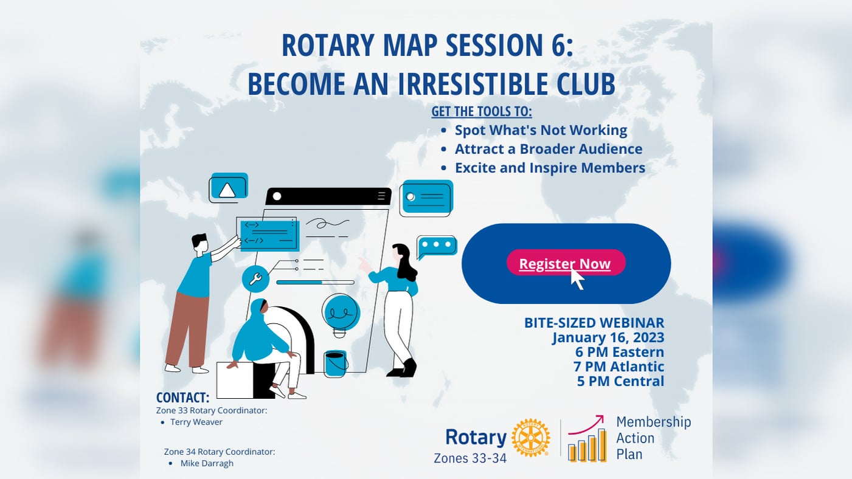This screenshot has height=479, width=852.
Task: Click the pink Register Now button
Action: point(566,263)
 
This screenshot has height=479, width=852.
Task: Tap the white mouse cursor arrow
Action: point(577,279)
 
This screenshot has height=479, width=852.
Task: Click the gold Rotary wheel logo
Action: point(530,438)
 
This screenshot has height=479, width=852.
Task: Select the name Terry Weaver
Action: point(196,422)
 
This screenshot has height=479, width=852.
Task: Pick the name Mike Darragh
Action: point(207,463)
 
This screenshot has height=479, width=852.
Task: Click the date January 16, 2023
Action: point(608,337)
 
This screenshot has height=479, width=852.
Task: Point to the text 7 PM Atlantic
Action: point(618,367)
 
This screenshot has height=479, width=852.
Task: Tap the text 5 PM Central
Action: point(620,381)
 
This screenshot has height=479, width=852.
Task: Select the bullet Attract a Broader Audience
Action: point(549,149)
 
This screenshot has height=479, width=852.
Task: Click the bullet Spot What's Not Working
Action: point(541,130)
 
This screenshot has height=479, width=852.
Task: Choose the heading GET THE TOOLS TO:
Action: point(482,112)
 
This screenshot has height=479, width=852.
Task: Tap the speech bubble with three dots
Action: point(437,246)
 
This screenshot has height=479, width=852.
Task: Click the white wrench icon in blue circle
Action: point(255,280)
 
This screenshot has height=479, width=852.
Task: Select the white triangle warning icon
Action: point(227,190)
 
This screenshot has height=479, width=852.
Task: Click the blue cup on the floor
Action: point(335,364)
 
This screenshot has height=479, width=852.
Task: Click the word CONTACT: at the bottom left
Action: point(182,398)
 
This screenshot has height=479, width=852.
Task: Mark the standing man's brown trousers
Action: point(185,331)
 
